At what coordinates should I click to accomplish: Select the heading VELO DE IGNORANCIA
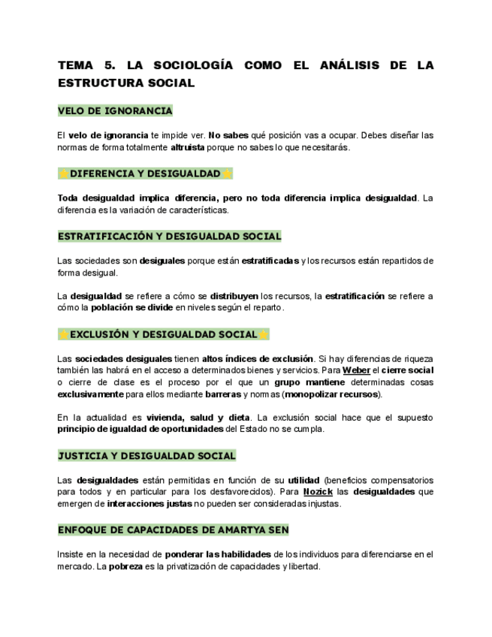coord(115,111)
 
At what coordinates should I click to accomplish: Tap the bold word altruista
coord(187,148)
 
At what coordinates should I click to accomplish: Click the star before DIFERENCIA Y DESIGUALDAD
coord(64,174)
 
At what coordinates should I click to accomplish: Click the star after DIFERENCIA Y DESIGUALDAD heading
coord(227,174)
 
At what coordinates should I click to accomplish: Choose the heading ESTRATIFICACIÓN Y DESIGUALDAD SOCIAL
coord(169,236)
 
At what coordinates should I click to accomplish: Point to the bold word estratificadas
coord(270,261)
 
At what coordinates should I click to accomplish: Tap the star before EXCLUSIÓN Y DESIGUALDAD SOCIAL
coord(64,334)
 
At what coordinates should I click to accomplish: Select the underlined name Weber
coord(356,370)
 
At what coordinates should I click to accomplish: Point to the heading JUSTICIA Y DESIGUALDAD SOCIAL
coord(146,455)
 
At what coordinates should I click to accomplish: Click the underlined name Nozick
coord(318,492)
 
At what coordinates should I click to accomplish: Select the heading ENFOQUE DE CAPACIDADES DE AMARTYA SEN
coord(173,530)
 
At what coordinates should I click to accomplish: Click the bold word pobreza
coord(125,566)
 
